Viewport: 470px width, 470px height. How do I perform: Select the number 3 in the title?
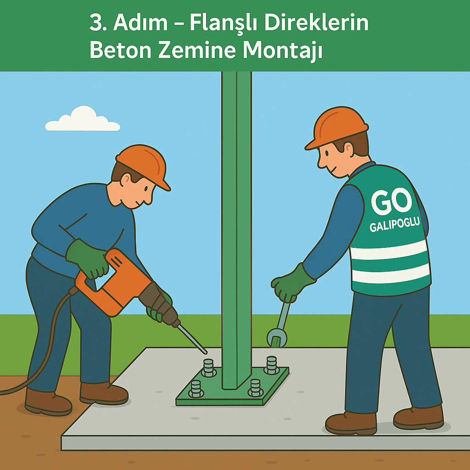coord(96,23)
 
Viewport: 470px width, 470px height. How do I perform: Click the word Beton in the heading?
coord(120,50)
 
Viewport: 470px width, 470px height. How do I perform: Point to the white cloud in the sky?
coord(83,119)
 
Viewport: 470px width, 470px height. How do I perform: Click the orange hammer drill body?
coord(114,283)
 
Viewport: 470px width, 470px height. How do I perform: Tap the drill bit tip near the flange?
coord(206,352)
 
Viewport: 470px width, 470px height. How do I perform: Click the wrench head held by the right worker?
coord(277,337)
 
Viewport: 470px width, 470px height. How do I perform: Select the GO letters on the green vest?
coord(391,201)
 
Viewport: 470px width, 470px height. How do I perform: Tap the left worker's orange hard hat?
coord(143,165)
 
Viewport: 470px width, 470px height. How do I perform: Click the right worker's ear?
coord(348,149)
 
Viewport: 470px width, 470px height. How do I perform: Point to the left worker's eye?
coord(146,189)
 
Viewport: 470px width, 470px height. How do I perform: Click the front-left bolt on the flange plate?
coord(196,389)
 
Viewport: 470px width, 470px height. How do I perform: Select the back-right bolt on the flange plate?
coord(272,365)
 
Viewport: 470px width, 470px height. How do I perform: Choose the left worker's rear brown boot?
coord(48,402)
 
